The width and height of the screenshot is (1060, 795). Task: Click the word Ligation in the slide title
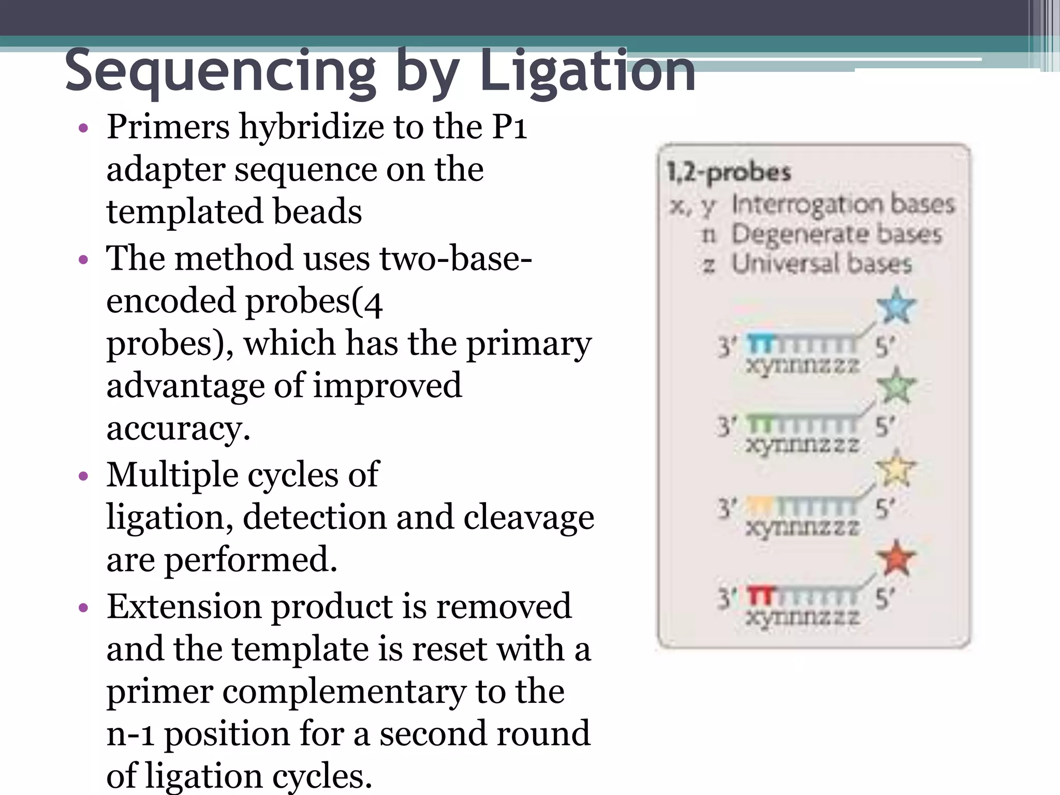[x=587, y=71]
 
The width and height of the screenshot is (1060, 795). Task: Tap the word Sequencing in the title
[x=220, y=71]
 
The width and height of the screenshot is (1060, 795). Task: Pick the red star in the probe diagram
[x=896, y=558]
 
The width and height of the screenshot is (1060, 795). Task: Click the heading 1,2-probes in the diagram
[x=728, y=172]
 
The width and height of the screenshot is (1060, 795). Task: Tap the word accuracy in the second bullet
[x=178, y=429]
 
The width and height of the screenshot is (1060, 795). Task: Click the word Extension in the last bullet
[x=184, y=606]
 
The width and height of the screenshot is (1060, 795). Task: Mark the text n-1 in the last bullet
[x=130, y=733]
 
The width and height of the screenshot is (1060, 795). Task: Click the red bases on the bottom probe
[x=760, y=597]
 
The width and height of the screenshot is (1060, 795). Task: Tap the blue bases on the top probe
[x=760, y=343]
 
